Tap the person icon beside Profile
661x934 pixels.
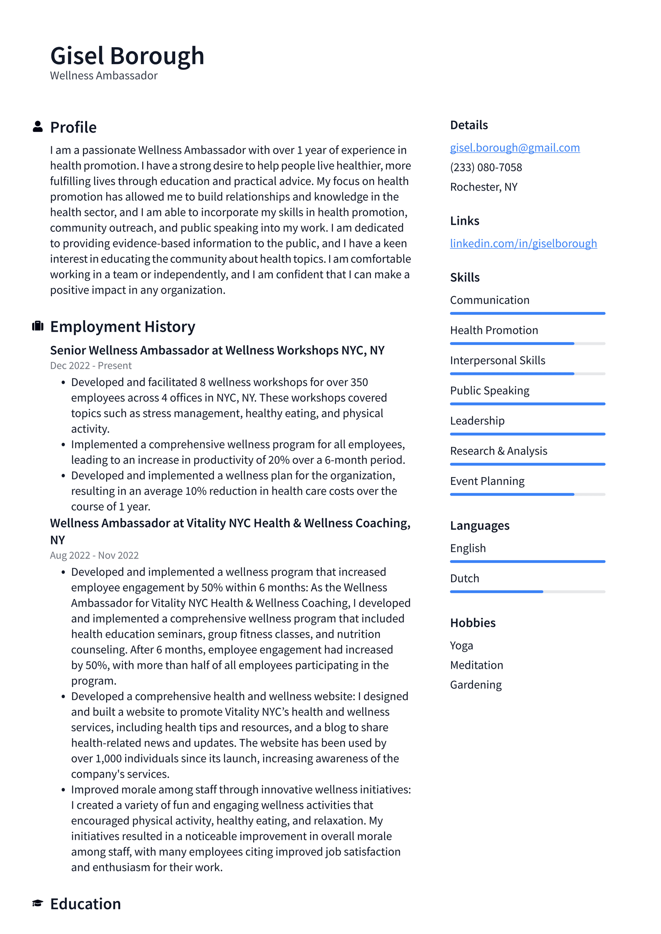38,126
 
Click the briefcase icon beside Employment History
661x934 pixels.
38,326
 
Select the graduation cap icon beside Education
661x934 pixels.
38,903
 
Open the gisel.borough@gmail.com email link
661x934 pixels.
514,147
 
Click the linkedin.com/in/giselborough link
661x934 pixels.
523,243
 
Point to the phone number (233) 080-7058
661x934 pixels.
486,167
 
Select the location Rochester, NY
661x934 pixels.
483,187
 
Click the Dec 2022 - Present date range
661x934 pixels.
90,366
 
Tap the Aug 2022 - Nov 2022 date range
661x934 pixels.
94,555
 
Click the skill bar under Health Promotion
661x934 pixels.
527,343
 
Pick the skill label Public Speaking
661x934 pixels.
489,390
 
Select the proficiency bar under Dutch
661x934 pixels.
527,592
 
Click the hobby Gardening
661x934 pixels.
476,684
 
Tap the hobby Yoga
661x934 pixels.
461,645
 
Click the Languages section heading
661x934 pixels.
479,525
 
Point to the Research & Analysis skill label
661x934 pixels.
498,451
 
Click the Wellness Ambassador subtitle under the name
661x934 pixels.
104,76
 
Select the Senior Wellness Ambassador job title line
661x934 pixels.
217,350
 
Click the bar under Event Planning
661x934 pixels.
527,494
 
